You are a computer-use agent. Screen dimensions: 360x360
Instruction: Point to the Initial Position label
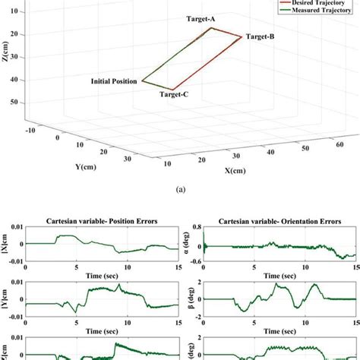[114, 81]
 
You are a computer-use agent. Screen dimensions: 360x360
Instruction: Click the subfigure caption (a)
[180, 194]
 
